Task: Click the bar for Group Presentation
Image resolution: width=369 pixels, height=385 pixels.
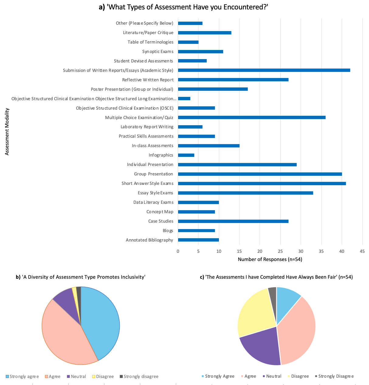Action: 260,174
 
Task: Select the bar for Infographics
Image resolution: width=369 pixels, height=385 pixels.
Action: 186,155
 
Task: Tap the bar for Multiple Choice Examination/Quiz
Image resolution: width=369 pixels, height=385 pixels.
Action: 252,117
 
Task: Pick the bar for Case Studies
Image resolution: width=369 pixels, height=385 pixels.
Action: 233,221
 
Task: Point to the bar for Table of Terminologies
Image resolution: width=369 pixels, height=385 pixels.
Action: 188,42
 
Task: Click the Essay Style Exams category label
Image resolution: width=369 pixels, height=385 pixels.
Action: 155,193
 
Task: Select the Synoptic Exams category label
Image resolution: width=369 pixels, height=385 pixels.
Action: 158,51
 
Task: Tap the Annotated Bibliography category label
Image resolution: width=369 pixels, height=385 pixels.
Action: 149,240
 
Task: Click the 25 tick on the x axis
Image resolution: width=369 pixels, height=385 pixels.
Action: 280,251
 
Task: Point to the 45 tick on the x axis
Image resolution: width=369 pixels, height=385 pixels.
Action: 362,251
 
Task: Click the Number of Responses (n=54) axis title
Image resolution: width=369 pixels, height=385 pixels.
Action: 270,260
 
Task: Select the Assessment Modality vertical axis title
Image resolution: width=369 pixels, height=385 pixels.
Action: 7,132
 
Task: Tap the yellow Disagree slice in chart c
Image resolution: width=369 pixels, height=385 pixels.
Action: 254,311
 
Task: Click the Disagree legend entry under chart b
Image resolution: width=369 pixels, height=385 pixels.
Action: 103,376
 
